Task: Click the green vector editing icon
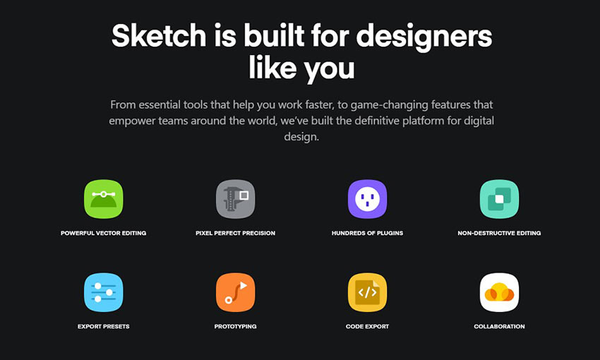(x=103, y=199)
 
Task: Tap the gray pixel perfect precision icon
(x=235, y=199)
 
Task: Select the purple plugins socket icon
(x=367, y=199)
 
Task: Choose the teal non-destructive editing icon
(x=499, y=199)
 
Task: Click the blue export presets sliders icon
(x=103, y=292)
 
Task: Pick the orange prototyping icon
(x=235, y=292)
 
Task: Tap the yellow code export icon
(x=367, y=292)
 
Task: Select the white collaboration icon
(x=499, y=292)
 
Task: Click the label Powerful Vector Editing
(x=103, y=233)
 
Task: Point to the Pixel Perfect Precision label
(x=235, y=233)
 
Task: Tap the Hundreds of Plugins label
(x=367, y=233)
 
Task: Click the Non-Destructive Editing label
(x=499, y=233)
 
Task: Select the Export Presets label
(x=103, y=326)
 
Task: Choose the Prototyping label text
(x=235, y=326)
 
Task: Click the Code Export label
(x=367, y=326)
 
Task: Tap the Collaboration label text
(x=499, y=326)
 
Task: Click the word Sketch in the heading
(x=154, y=35)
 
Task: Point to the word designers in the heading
(x=424, y=35)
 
